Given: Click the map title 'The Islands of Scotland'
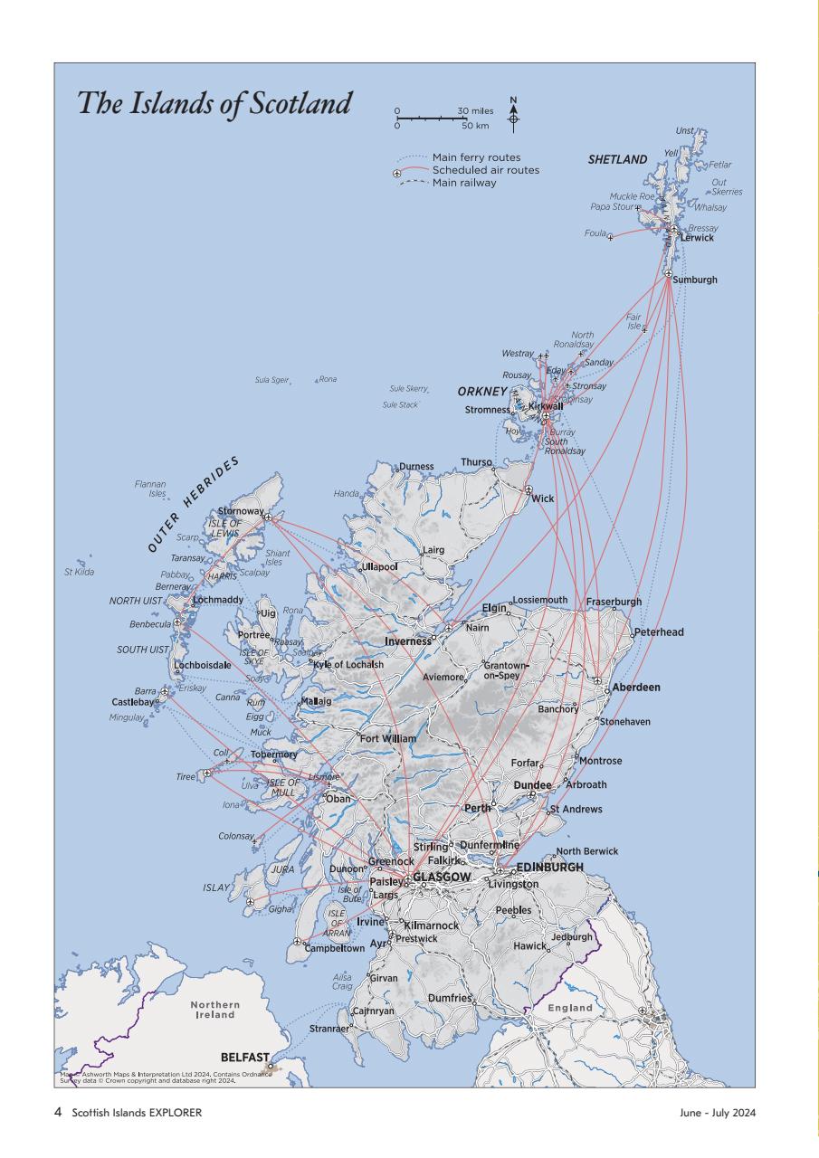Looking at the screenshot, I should coord(214,102).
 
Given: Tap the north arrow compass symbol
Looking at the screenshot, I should coord(514,115).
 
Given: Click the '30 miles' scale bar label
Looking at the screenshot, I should coord(475,110).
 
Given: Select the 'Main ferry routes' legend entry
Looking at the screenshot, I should coord(476,157).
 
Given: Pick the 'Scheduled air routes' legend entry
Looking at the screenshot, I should coord(485,170).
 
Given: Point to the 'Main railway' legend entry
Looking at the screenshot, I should coord(464,183).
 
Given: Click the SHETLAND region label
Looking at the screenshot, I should coord(617,160).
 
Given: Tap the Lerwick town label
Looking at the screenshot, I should coord(698,238).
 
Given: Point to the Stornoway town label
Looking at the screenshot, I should coord(240,512).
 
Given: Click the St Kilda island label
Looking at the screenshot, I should coord(79,572).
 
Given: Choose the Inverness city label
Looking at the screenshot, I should coord(407,641).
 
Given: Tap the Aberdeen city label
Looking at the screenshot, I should coord(636,688).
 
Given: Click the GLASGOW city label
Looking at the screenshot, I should coord(442,878).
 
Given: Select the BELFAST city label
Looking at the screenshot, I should coord(244,1057).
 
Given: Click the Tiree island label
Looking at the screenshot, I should coord(186,777).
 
